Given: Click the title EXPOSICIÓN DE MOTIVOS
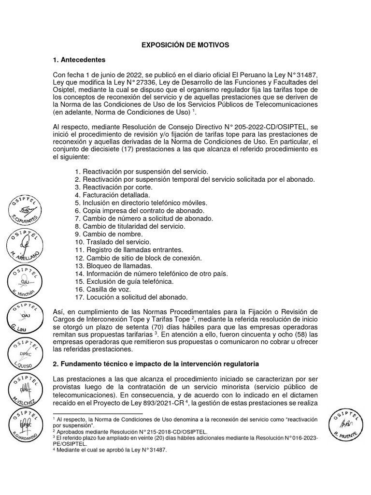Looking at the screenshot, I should (x=185, y=44).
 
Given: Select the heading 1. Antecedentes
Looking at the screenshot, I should (x=79, y=60).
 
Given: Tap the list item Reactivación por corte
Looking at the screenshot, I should (x=114, y=187).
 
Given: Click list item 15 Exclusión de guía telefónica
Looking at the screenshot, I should (x=124, y=281).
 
